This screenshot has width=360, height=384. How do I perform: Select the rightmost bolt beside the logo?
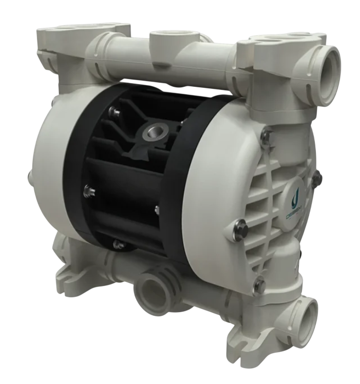pyautogui.click(x=317, y=178)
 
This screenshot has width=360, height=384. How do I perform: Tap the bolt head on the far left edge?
pyautogui.click(x=27, y=177)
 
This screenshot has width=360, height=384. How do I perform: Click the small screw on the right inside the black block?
pyautogui.click(x=157, y=209)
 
